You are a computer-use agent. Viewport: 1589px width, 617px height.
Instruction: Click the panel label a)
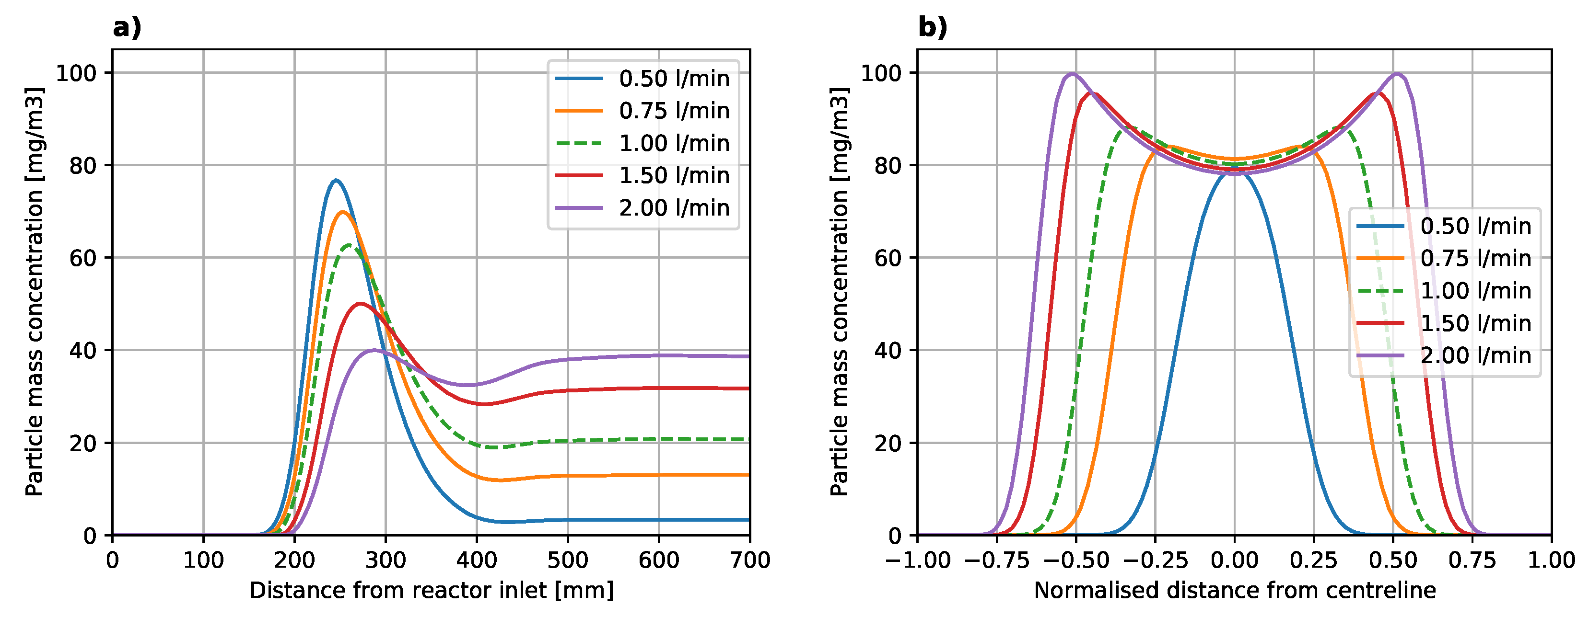127,28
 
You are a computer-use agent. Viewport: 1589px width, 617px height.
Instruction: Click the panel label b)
932,28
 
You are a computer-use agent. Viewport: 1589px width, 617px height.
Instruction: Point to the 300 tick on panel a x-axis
386,560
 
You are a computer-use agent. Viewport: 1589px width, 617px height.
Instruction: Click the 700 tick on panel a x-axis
749,560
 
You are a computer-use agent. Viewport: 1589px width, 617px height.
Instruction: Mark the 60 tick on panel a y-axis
83,258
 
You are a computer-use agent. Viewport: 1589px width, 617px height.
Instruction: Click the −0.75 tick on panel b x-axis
996,560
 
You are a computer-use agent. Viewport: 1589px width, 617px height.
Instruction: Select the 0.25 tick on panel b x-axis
1313,560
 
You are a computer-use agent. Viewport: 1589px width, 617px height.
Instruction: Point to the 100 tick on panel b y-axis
880,73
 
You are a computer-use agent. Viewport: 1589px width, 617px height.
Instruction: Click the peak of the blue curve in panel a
336,180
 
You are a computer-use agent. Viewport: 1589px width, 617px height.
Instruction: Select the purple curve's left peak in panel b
1072,74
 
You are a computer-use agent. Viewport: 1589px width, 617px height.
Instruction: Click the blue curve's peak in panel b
1234,172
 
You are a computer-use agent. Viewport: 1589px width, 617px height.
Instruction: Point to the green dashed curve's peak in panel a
350,245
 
